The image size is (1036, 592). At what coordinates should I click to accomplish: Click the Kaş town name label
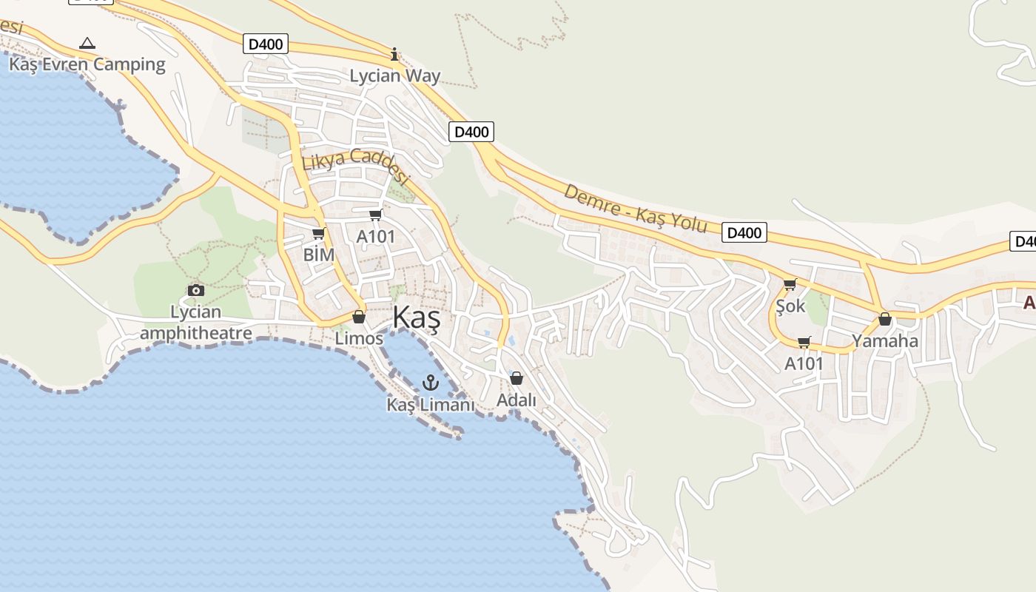coord(416,318)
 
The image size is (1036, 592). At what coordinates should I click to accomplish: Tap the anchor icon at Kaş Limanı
coord(430,383)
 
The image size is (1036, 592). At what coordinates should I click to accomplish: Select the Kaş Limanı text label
coord(430,405)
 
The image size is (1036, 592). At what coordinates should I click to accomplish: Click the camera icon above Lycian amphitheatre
coord(196,290)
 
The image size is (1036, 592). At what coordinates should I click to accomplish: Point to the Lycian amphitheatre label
coord(196,323)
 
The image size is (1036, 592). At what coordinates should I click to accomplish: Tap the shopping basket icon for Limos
coord(359,317)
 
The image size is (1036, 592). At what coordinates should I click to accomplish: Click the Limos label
coord(359,338)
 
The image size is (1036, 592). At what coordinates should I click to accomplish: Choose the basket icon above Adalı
coord(517,378)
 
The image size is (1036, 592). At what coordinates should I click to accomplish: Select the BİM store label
coord(319,255)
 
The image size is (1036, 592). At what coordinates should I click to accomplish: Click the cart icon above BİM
coord(319,234)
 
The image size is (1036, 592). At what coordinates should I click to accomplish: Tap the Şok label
coord(790,305)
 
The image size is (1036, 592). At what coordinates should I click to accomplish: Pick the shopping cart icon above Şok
coord(790,284)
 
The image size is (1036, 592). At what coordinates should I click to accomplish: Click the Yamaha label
coord(884,341)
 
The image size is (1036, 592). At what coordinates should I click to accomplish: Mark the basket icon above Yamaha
coord(884,319)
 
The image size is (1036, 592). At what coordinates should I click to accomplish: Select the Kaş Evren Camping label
coord(87,64)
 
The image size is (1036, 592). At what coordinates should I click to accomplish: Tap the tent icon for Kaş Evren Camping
coord(87,43)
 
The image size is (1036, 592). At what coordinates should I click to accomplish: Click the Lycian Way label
coord(394,75)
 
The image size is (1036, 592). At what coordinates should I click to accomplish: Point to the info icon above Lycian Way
coord(394,54)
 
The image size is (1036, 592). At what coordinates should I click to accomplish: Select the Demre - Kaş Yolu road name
coord(636,209)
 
